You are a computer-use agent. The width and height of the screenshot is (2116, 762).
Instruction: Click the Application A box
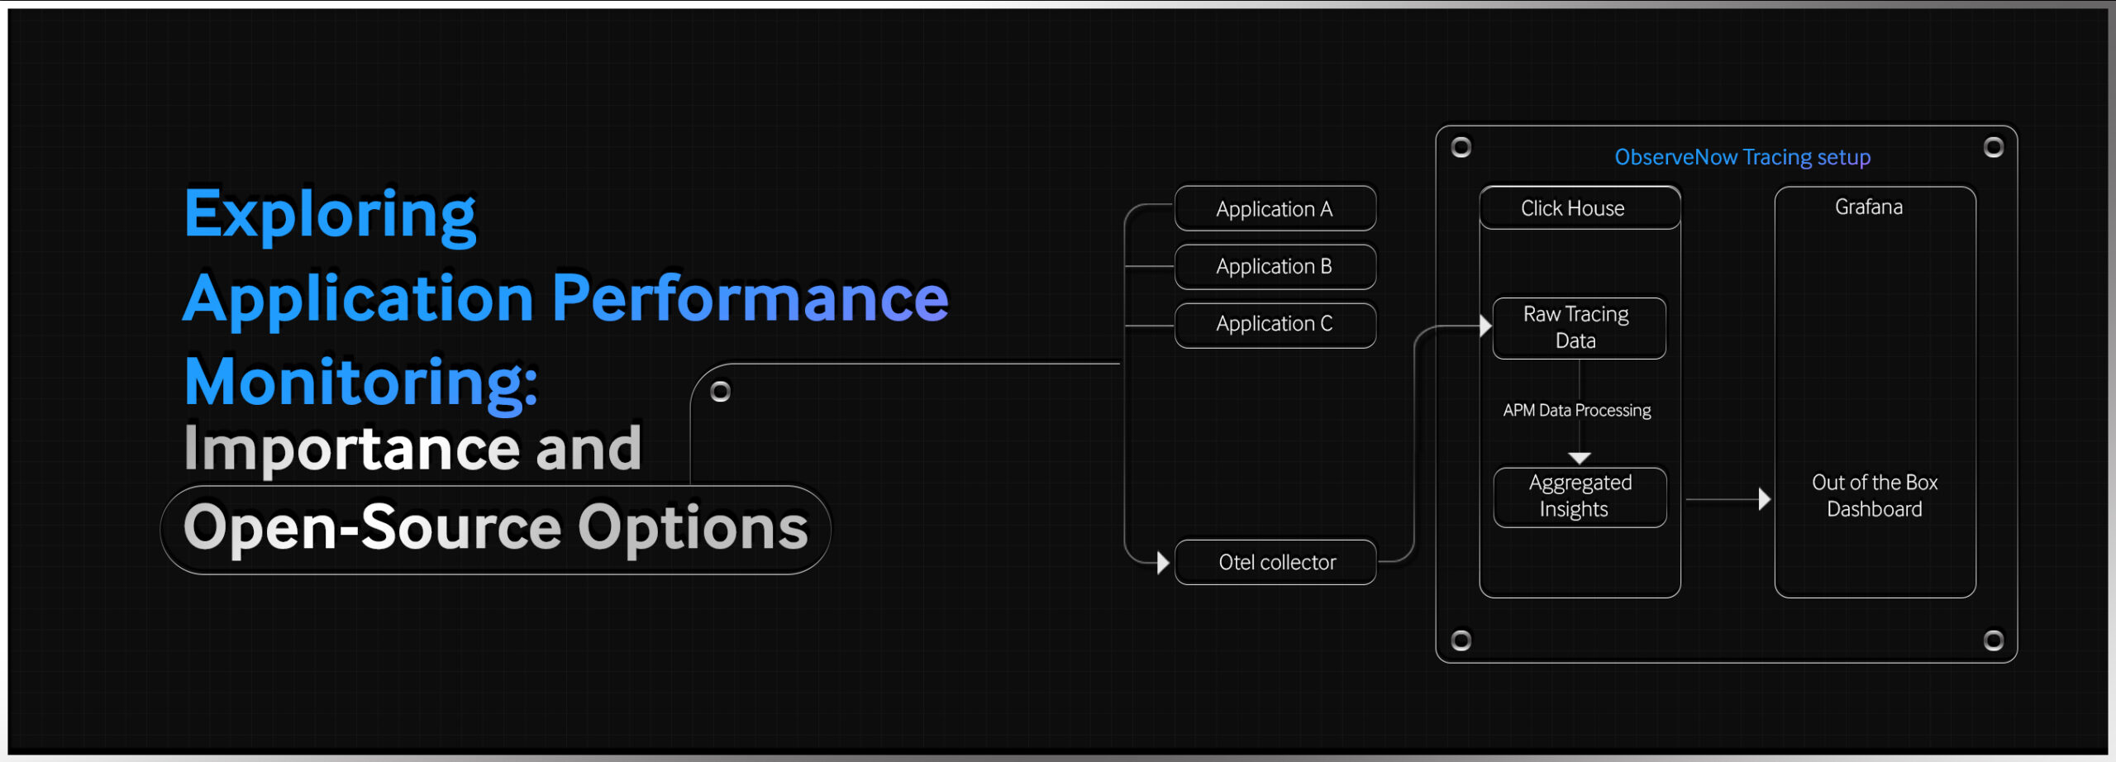coord(1275,208)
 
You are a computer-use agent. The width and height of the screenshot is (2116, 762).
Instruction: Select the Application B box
coord(1275,266)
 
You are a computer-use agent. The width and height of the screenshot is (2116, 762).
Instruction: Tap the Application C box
coord(1275,325)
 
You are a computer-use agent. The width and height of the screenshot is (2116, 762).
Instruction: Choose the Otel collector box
coord(1275,562)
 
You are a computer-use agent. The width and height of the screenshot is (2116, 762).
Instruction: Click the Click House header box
coord(1580,207)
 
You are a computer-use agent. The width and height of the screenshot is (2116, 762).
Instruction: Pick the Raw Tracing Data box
coord(1579,328)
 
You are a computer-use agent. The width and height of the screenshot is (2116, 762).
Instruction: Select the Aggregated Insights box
coord(1580,497)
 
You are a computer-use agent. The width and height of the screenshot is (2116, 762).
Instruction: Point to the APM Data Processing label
coord(1577,410)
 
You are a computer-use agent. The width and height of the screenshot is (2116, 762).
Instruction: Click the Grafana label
coord(1869,207)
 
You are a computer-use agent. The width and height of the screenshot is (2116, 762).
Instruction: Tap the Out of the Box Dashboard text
coord(1875,495)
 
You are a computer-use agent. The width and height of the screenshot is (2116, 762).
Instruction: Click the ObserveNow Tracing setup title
coord(1742,157)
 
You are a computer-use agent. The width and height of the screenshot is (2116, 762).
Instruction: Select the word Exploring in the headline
coord(330,215)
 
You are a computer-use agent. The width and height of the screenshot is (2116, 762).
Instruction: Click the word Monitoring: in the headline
coord(361,382)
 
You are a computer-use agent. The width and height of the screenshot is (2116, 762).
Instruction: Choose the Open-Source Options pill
coord(495,530)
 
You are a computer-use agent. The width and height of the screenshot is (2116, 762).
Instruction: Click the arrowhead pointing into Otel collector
coord(1163,563)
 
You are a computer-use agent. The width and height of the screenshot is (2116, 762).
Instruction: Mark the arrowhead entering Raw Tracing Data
coord(1485,326)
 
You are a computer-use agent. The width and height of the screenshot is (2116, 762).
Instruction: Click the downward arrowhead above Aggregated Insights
coord(1580,458)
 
